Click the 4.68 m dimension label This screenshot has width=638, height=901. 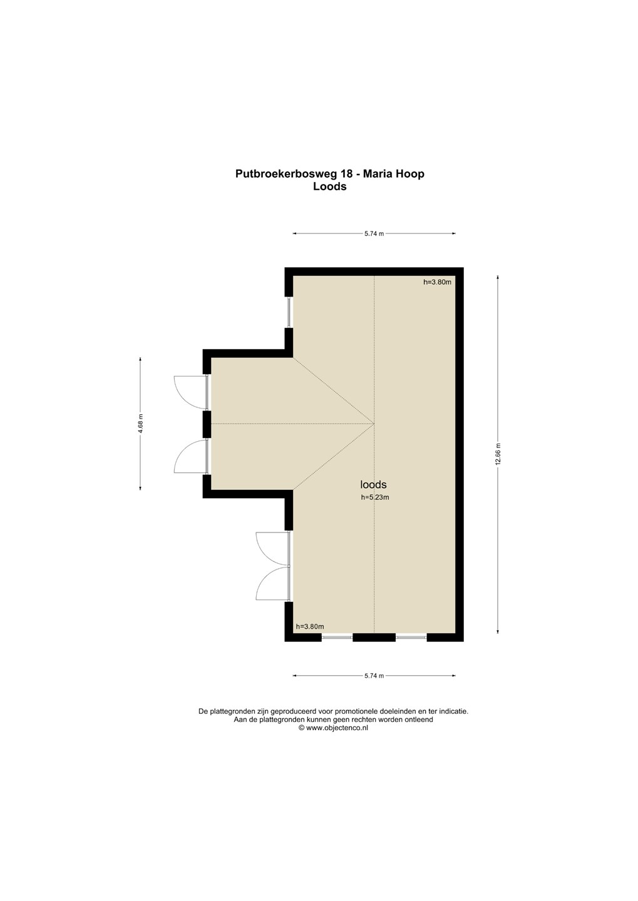point(140,424)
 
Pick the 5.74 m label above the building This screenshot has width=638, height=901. point(374,234)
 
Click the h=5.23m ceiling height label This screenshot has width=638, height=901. point(375,497)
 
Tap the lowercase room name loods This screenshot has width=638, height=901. point(373,485)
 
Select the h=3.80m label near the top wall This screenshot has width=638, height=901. point(437,282)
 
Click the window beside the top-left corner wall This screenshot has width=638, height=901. point(289,313)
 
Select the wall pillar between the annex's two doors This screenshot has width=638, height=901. point(207,424)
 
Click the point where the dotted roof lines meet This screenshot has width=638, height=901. point(374,424)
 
